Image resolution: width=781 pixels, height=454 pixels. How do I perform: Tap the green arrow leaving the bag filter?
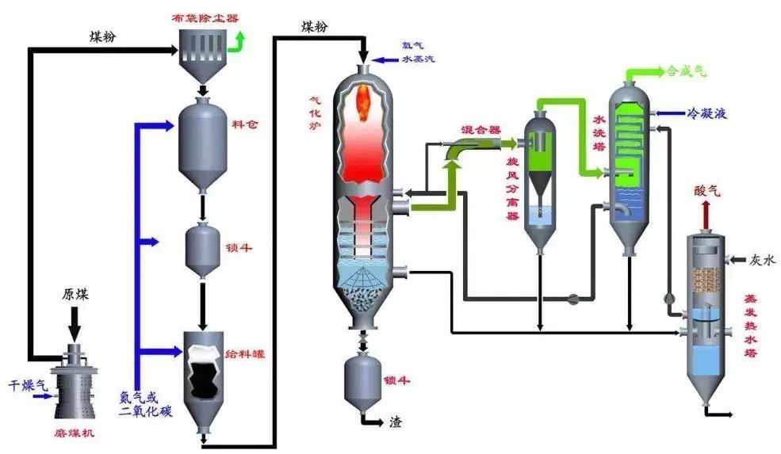(238, 40)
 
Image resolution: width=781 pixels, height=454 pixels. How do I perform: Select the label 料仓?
(242, 125)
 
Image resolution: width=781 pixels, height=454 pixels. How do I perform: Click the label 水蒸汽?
(419, 59)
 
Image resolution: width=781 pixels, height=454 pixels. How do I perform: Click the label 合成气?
(687, 71)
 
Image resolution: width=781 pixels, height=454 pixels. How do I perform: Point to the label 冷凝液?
(707, 115)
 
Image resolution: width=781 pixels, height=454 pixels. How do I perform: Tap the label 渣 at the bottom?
(394, 422)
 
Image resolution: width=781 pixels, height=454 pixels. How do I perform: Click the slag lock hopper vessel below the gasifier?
(364, 380)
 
